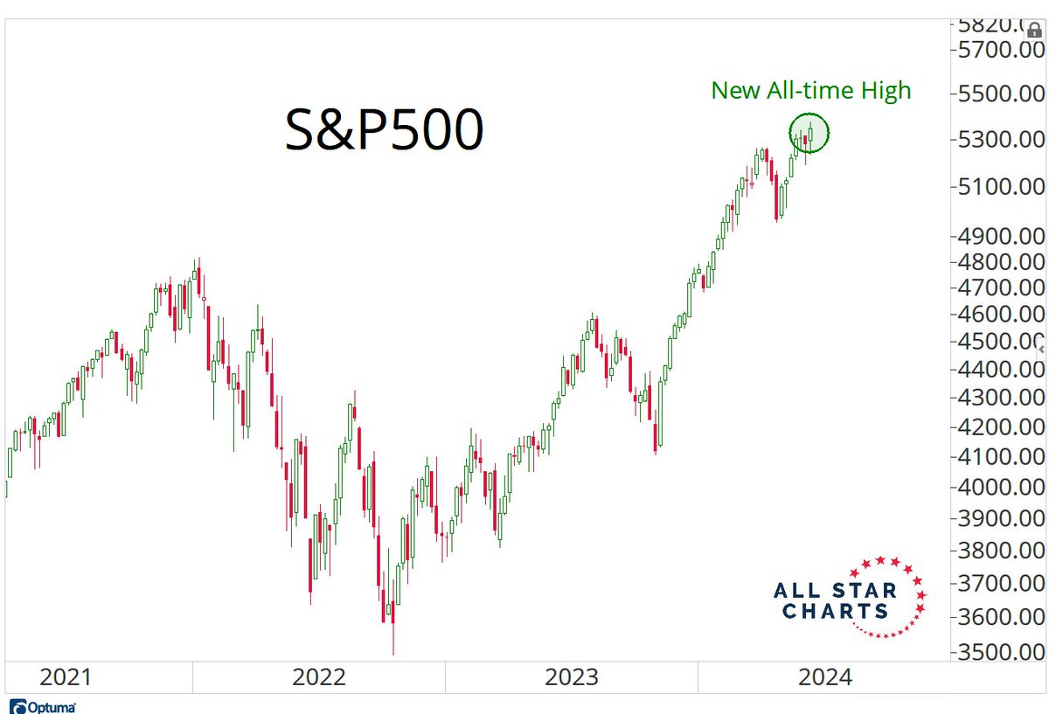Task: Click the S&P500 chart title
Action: click(x=385, y=131)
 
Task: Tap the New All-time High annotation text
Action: click(x=810, y=90)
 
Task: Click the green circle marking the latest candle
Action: click(x=809, y=134)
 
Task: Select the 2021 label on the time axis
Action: click(x=66, y=677)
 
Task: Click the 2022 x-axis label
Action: click(x=320, y=677)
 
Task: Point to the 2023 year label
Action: click(x=572, y=677)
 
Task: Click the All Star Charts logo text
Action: click(x=835, y=601)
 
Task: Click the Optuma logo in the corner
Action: click(x=43, y=706)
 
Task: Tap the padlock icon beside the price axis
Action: click(x=1034, y=31)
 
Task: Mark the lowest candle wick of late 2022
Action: click(x=393, y=651)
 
